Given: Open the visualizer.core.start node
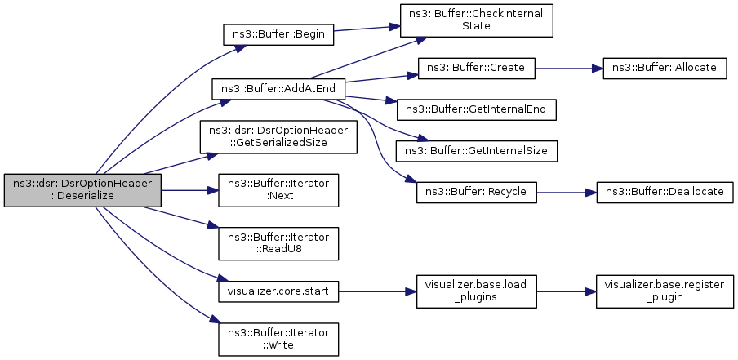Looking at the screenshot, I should click(x=278, y=290).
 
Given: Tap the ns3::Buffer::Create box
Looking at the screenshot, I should click(x=476, y=68).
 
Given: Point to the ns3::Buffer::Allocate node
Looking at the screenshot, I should click(x=664, y=68).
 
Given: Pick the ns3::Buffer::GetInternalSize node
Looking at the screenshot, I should click(x=476, y=151).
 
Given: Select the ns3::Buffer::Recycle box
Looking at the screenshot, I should click(x=476, y=192).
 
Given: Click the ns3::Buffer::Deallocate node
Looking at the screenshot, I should click(x=664, y=192).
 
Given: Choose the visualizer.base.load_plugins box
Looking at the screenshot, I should click(x=476, y=290).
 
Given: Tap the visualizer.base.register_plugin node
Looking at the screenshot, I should click(x=664, y=290).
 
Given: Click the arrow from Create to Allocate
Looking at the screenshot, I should click(x=568, y=68).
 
